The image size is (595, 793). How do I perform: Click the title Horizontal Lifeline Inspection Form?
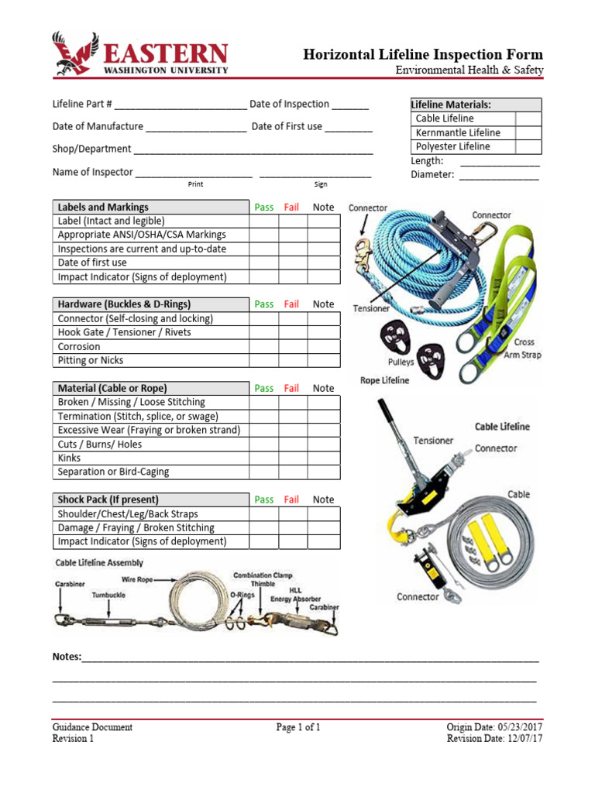(x=423, y=54)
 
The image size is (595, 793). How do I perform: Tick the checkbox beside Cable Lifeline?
(x=528, y=118)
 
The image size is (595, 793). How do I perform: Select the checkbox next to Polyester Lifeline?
(x=528, y=146)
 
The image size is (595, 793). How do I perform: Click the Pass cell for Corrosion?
(x=263, y=346)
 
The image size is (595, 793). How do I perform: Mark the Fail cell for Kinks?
(x=293, y=458)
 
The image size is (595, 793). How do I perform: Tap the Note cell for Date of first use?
(x=323, y=263)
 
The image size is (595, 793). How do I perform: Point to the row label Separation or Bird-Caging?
(x=113, y=472)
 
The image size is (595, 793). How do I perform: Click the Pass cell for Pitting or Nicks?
(x=263, y=360)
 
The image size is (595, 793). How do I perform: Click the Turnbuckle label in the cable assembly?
(x=108, y=595)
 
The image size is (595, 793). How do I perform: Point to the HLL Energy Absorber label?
(x=296, y=595)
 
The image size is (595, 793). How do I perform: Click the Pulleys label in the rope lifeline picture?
(x=401, y=362)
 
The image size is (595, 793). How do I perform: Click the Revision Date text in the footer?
(x=494, y=739)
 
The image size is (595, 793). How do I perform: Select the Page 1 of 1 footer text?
(x=297, y=727)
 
